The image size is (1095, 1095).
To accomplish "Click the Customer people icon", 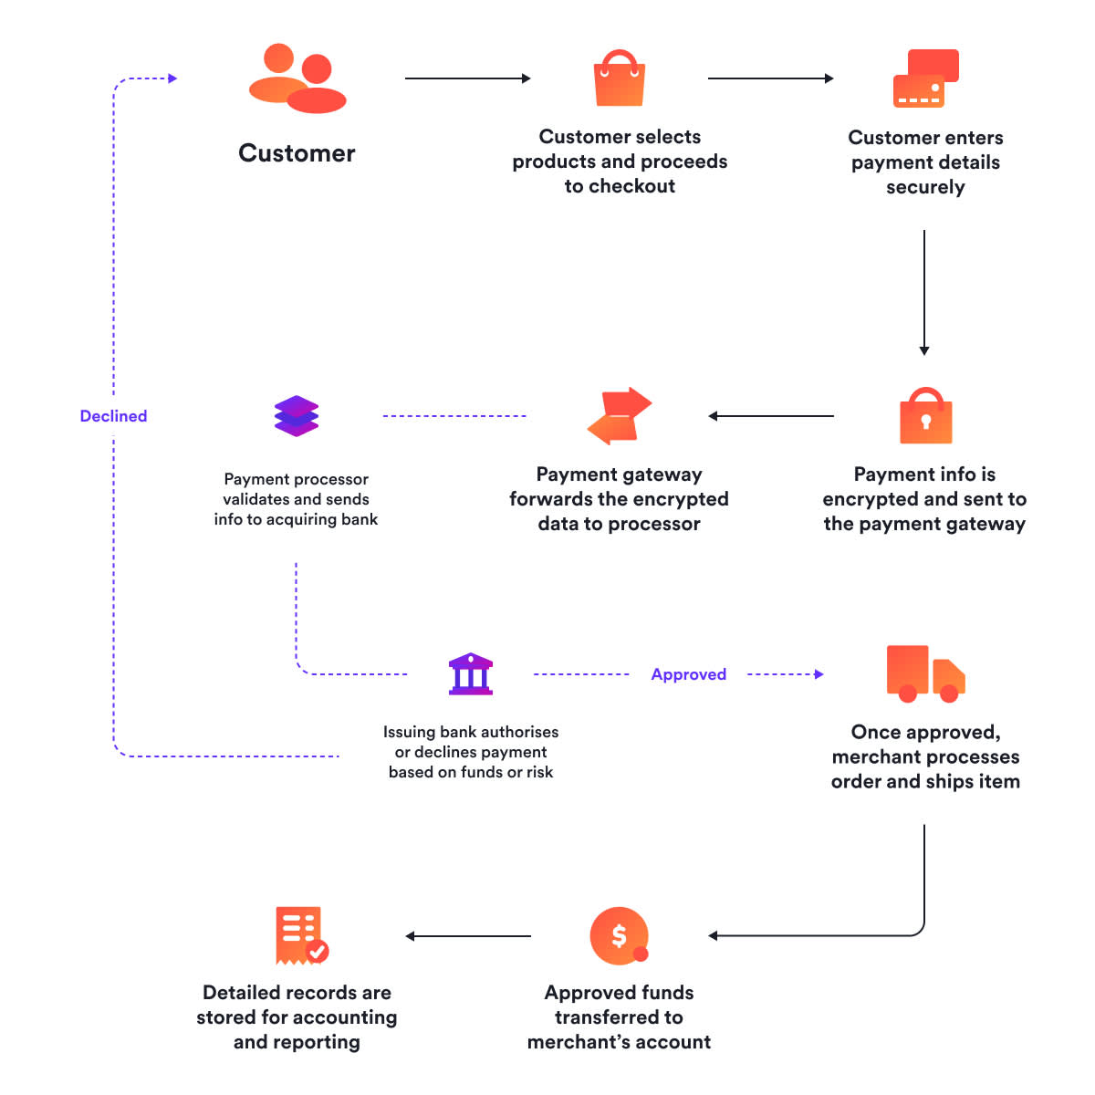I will [297, 79].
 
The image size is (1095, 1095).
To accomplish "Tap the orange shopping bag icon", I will [620, 79].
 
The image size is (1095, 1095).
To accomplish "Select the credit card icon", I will [925, 79].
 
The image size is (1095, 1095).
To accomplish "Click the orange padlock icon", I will [925, 417].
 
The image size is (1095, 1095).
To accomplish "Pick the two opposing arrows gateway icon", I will [620, 416].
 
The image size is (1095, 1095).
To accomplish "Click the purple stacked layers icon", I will [297, 416].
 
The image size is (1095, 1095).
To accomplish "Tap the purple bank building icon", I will [471, 674].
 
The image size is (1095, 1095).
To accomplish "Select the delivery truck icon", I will [924, 674].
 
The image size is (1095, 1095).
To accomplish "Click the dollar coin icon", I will [620, 936].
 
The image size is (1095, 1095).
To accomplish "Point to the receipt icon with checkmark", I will [300, 935].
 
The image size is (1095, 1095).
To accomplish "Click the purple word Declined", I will [113, 416].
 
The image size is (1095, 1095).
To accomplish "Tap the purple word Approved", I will [689, 674].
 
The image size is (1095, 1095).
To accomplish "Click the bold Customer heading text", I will [297, 153].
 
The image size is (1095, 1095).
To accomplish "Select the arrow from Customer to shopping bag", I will [467, 78].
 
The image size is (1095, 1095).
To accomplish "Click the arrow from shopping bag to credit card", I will [770, 78].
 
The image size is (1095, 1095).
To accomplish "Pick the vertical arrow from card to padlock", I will [924, 292].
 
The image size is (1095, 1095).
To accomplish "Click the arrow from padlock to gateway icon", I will [771, 416].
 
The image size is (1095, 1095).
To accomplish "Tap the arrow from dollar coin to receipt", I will [468, 936].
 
